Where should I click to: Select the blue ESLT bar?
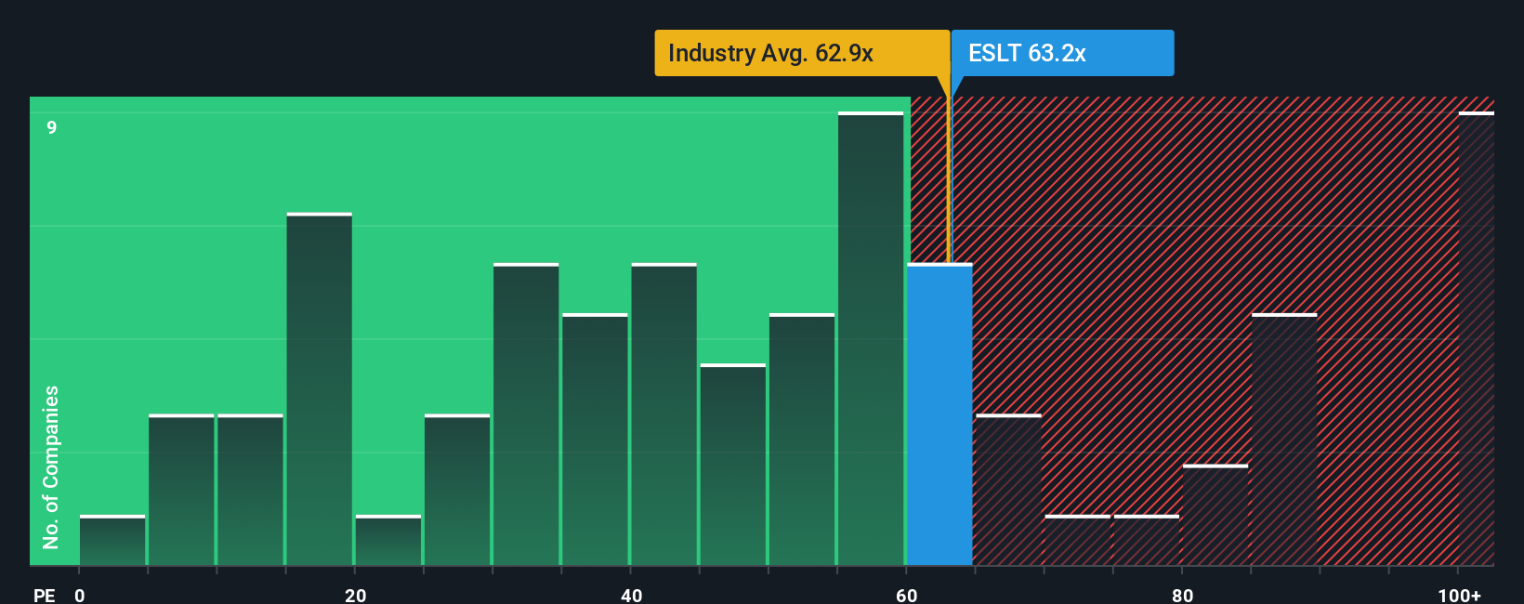939,414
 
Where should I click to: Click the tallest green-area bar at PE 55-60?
870,339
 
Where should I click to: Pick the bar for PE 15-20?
319,389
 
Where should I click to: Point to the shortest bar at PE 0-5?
112,540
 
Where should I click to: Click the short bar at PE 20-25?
388,540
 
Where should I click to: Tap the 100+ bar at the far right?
1476,339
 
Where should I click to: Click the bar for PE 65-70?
1008,490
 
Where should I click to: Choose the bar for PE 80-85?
1215,515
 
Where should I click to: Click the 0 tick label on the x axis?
80,595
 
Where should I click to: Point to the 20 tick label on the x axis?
355,595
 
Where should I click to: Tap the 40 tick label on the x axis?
631,595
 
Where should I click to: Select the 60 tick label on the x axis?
906,595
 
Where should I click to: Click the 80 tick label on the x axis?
1182,595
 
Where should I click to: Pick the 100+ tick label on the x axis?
1459,595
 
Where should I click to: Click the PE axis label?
44,595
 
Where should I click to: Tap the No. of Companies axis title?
51,466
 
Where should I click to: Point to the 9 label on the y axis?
52,127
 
